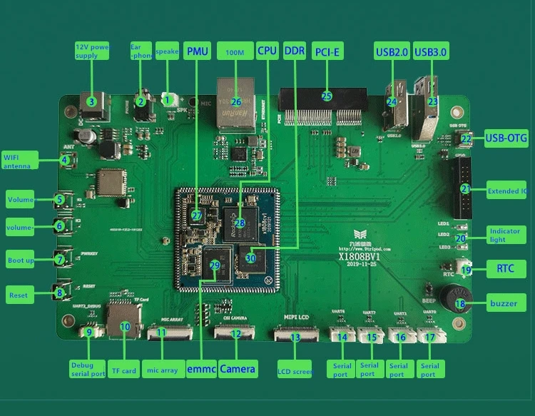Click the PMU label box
pyautogui.click(x=197, y=51)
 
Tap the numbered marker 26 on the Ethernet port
pyautogui.click(x=236, y=101)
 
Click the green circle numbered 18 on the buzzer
pyautogui.click(x=460, y=303)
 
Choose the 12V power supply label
pyautogui.click(x=91, y=51)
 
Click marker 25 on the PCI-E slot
pyautogui.click(x=327, y=96)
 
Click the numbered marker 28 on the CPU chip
pyautogui.click(x=239, y=223)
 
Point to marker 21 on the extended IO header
pyautogui.click(x=464, y=189)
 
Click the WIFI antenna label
pyautogui.click(x=20, y=161)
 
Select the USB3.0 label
pyautogui.click(x=431, y=51)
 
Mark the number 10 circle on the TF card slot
pyautogui.click(x=125, y=327)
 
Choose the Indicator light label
pyautogui.click(x=505, y=235)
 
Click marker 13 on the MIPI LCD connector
pyautogui.click(x=295, y=338)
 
